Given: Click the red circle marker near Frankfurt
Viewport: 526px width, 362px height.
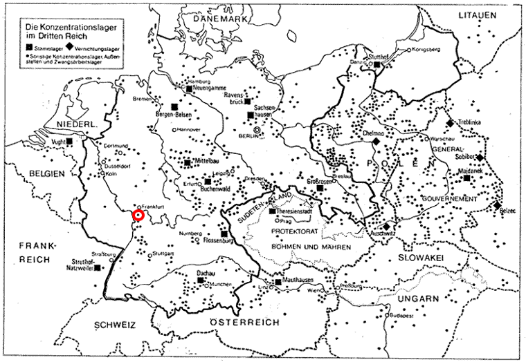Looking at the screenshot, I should [138, 215].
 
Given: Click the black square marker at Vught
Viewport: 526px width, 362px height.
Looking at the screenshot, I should [69, 142].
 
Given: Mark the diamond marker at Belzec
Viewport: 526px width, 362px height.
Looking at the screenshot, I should [498, 205].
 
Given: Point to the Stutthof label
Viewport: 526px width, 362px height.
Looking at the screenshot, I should [383, 57].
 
